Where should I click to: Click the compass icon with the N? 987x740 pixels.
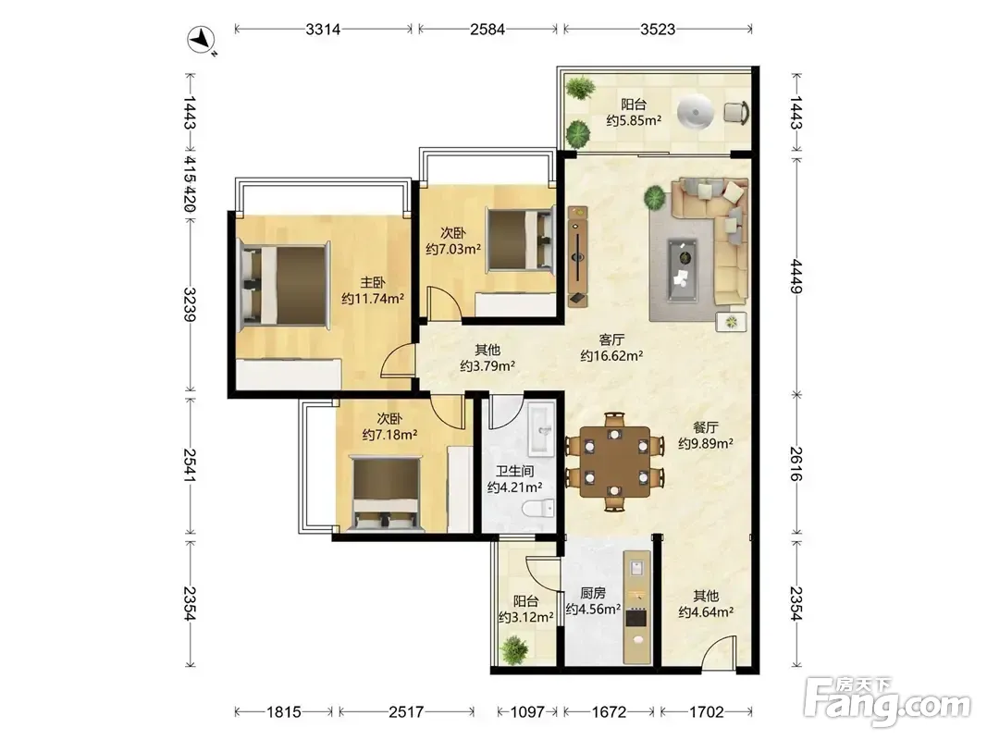click(x=202, y=40)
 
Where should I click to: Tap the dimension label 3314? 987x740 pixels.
click(x=323, y=29)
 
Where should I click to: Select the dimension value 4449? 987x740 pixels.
click(x=796, y=277)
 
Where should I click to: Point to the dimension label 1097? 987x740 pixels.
click(x=527, y=711)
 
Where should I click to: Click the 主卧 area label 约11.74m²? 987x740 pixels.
click(x=373, y=299)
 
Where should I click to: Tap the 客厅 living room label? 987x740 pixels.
click(x=611, y=340)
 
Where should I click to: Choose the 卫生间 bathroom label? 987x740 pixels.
click(x=515, y=471)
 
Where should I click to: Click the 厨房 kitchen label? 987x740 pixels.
click(x=593, y=593)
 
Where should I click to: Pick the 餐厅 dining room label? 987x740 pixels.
click(x=706, y=427)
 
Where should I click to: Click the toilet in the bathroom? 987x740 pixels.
click(x=540, y=508)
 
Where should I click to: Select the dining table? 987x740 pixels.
click(x=616, y=462)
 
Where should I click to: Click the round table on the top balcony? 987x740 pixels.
click(x=696, y=114)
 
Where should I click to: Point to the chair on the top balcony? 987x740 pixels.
click(x=736, y=113)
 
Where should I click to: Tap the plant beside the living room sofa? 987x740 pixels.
click(x=655, y=199)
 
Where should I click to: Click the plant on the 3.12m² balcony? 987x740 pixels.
click(x=514, y=649)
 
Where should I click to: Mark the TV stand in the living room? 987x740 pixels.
click(x=578, y=257)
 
